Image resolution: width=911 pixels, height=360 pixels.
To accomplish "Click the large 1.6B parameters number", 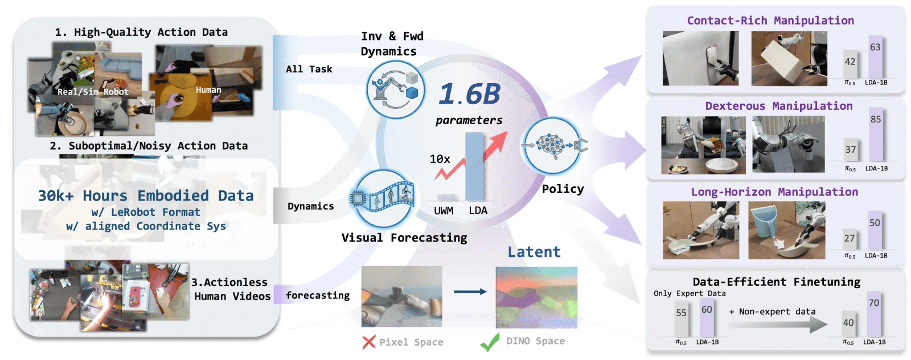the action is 470,94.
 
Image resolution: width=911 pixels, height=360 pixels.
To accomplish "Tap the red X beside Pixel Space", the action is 369,342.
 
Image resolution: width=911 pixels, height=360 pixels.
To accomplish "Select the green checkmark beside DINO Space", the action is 490,342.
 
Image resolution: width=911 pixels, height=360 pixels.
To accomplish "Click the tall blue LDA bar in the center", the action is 474,166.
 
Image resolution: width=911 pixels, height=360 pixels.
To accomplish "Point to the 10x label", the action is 440,159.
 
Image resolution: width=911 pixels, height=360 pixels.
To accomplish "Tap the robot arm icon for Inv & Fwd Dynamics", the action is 395,89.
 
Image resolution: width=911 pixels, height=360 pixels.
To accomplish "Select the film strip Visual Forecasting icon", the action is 382,198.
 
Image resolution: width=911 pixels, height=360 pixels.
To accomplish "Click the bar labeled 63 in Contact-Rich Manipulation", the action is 875,57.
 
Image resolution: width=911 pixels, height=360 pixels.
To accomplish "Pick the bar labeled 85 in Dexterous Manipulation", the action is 876,134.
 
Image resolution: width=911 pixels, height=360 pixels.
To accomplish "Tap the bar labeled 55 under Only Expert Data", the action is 681,319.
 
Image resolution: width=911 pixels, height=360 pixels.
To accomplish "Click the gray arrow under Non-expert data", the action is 778,325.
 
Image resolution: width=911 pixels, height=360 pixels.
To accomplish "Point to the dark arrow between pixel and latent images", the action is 470,292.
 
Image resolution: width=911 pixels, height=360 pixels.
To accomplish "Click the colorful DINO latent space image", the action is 536,297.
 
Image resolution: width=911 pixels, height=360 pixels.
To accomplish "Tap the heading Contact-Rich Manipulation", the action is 770,21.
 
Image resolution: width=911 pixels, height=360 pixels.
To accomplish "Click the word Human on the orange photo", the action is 208,90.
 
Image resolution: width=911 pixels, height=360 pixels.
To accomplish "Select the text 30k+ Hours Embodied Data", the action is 146,195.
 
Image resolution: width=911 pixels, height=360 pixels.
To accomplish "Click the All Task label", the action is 309,69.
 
